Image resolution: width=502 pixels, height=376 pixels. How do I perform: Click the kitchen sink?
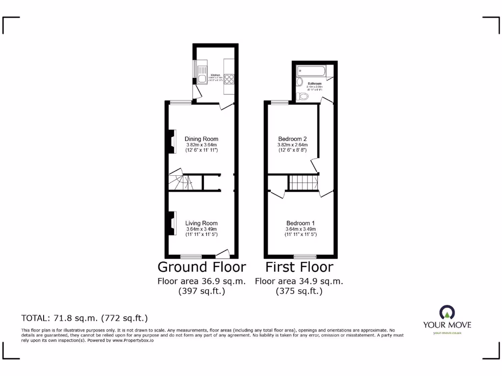(202, 80)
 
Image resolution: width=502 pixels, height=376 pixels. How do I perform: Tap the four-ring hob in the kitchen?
(229, 80)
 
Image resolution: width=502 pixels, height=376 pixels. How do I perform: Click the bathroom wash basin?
(300, 82)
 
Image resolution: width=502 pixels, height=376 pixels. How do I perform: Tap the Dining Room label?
(201, 139)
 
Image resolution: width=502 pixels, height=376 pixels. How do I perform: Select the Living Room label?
(201, 223)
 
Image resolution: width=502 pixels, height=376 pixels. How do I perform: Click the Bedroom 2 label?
(292, 139)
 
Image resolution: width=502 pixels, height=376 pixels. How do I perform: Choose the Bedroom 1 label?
(301, 224)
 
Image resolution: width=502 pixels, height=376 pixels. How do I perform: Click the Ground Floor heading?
(201, 267)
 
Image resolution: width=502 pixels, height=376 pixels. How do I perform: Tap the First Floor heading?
(299, 267)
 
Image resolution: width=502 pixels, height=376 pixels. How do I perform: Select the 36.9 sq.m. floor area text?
(201, 282)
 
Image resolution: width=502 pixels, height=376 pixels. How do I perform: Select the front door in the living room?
(223, 254)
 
